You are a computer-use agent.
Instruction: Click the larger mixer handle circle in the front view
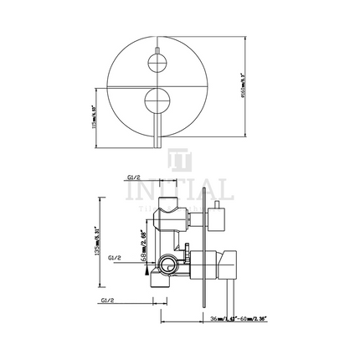point(156,103)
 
